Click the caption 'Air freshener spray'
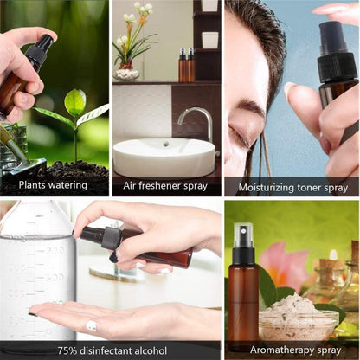pos(165,185)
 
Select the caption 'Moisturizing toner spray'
pos(292,185)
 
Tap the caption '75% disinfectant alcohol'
pos(111,350)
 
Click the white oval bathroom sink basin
pos(164,157)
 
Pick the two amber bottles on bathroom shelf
pos(187,66)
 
